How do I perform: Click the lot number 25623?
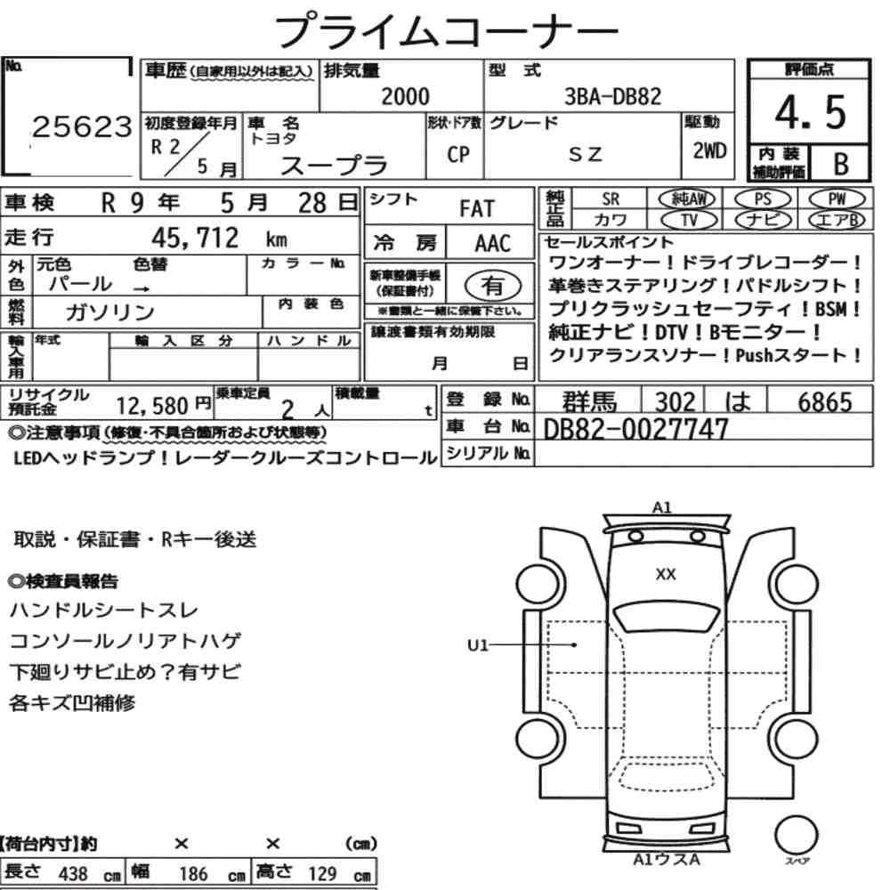pyautogui.click(x=82, y=126)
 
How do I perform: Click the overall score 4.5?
pyautogui.click(x=810, y=112)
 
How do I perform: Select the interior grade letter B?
pyautogui.click(x=841, y=164)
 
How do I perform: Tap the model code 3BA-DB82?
pyautogui.click(x=612, y=96)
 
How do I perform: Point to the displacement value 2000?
pyautogui.click(x=405, y=96)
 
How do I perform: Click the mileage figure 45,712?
pyautogui.click(x=195, y=238)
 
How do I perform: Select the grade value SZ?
pyautogui.click(x=585, y=154)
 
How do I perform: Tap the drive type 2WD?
pyautogui.click(x=709, y=150)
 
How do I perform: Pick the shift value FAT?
pyautogui.click(x=477, y=208)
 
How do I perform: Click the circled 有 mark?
pyautogui.click(x=493, y=286)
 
